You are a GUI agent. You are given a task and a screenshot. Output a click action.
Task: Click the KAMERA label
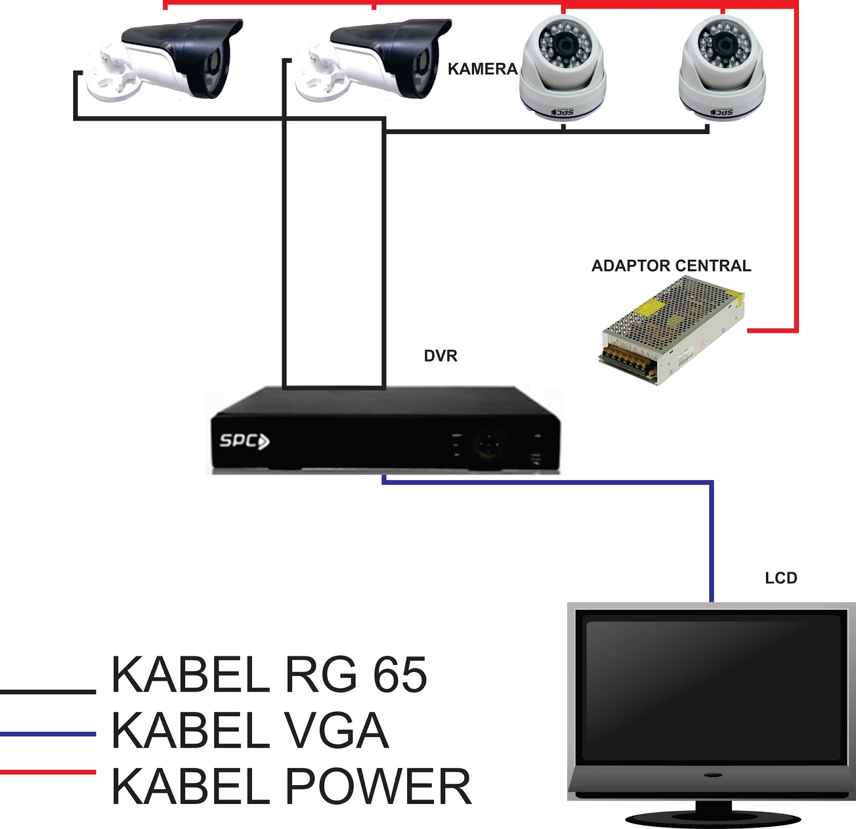pos(482,69)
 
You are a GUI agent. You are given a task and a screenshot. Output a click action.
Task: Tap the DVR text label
pos(440,356)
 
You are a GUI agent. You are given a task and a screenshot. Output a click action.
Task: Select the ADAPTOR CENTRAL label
pos(671,266)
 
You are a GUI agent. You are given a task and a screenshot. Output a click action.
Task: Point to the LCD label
pos(781,578)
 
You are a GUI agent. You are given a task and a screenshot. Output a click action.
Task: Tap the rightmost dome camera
pos(722,67)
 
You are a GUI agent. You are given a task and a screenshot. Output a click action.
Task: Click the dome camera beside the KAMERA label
pos(562,67)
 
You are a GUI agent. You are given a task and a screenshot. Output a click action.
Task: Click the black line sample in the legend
pos(48,691)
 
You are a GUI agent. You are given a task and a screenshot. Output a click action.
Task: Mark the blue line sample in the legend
pos(48,733)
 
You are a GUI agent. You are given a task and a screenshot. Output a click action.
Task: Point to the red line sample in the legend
pos(48,772)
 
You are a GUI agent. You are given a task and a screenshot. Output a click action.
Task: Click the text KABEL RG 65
pos(269,675)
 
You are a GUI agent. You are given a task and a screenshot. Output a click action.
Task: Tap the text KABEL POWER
pos(292,786)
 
